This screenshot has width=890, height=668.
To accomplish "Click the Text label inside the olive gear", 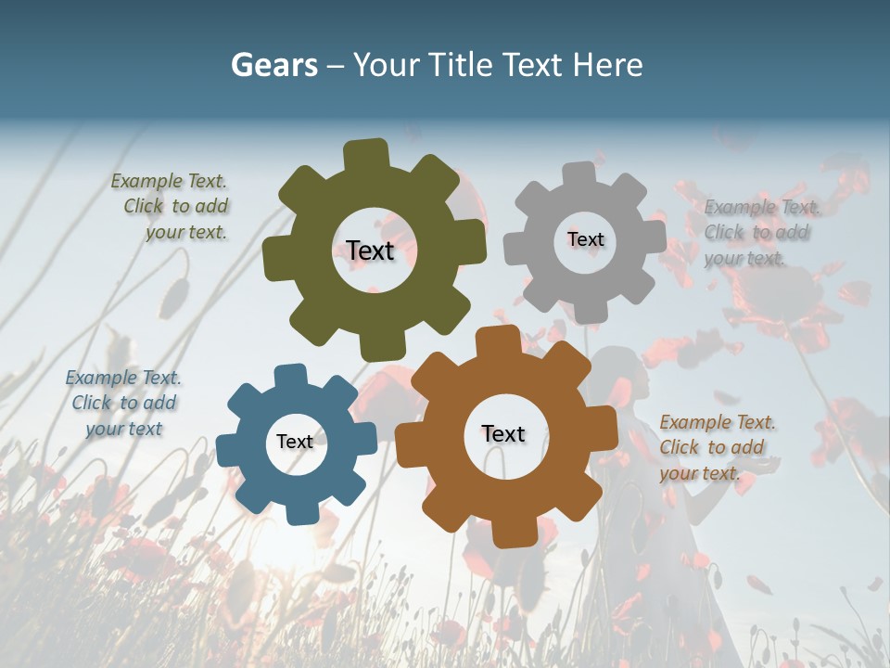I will tap(370, 250).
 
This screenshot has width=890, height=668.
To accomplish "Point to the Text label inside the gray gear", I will tap(585, 239).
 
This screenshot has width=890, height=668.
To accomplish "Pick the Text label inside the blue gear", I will tap(295, 442).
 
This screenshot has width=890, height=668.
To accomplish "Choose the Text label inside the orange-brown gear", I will tap(503, 433).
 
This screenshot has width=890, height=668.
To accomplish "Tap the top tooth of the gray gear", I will tap(579, 173).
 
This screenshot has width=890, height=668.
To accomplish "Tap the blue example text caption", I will tap(123, 403).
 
